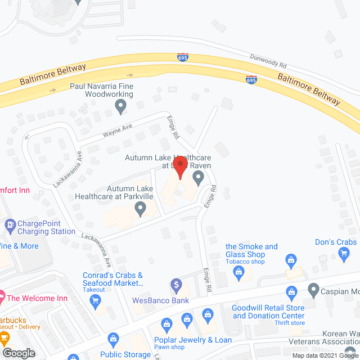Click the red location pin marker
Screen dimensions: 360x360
coord(179,167)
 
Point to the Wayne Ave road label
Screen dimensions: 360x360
coord(117,131)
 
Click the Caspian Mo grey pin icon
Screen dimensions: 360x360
coord(314,290)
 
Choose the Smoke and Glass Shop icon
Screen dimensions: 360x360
coord(238,273)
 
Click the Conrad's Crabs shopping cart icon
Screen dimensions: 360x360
coord(95,301)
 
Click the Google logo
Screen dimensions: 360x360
coord(19,353)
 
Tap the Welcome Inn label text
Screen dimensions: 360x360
coord(38,298)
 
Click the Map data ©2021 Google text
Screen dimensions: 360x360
coord(325,355)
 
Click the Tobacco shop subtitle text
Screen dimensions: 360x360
coord(245,262)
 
